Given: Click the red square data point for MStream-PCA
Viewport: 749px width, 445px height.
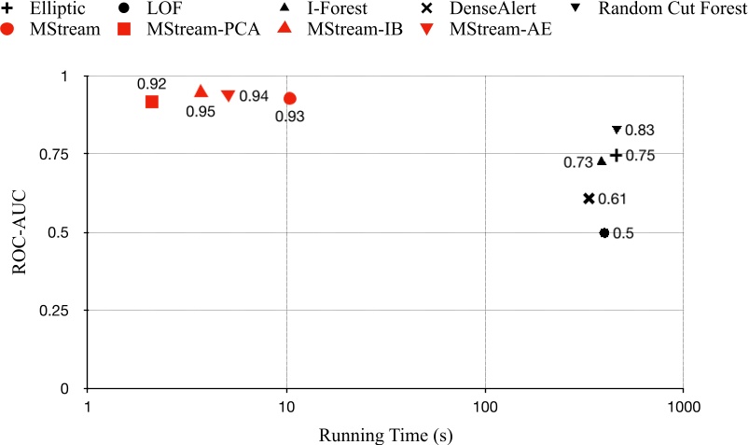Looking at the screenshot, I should pyautogui.click(x=152, y=102).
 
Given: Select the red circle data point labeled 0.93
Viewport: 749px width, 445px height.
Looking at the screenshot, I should pyautogui.click(x=290, y=98).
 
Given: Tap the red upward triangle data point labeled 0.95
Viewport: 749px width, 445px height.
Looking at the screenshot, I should pyautogui.click(x=201, y=91).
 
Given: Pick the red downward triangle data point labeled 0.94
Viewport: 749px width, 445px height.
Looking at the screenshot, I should pyautogui.click(x=228, y=95).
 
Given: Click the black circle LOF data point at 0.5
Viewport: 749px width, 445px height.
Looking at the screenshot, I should pyautogui.click(x=603, y=233).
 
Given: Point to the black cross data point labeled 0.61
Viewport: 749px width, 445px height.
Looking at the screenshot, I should pyautogui.click(x=589, y=199).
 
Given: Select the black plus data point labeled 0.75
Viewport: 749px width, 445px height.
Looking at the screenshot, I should pyautogui.click(x=616, y=155).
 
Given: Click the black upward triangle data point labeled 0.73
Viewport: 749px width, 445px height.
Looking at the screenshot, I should pyautogui.click(x=602, y=160).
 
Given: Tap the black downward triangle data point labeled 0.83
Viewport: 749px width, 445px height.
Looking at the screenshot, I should pyautogui.click(x=616, y=130).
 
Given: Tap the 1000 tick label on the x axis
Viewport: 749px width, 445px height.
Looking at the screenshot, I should pyautogui.click(x=683, y=407).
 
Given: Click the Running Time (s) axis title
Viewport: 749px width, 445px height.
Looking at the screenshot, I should pyautogui.click(x=385, y=434).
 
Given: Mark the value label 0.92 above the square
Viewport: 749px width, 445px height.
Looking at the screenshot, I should pyautogui.click(x=151, y=84).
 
